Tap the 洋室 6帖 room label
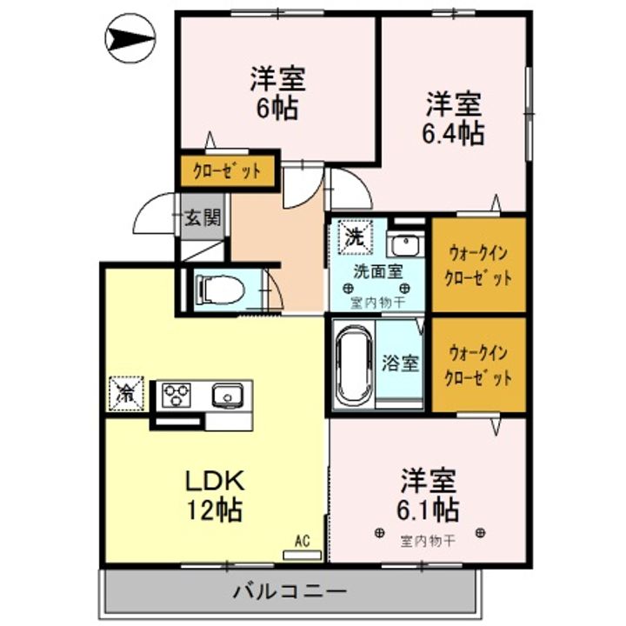277,94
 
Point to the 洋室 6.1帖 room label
430,493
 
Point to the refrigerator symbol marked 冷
126,392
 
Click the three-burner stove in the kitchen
176,394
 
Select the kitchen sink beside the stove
226,395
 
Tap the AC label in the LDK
302,541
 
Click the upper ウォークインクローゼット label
479,265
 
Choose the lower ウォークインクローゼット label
478,365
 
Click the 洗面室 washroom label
377,270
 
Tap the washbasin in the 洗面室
403,243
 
